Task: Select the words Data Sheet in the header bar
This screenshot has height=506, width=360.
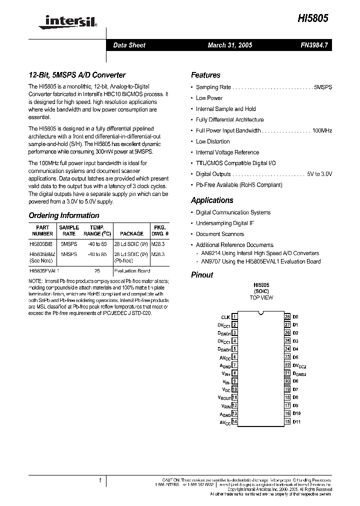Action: (x=129, y=45)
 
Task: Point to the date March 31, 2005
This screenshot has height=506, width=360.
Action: (x=229, y=45)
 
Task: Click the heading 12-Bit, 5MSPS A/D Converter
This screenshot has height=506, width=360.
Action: (x=77, y=75)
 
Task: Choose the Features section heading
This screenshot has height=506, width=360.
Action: (x=205, y=75)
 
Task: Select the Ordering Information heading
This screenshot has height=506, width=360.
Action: (x=64, y=215)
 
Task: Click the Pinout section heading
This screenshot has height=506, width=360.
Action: (x=202, y=274)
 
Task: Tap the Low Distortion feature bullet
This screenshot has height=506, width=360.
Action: (x=212, y=141)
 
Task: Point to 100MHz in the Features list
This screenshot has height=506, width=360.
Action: (x=322, y=130)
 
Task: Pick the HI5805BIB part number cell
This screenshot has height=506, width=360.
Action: (x=41, y=244)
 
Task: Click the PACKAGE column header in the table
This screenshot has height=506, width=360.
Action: (x=131, y=233)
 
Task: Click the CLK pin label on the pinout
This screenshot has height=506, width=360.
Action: (x=225, y=317)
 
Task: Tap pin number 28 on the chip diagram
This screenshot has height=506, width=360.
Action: (x=287, y=317)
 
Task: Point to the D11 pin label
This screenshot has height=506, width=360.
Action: (x=296, y=421)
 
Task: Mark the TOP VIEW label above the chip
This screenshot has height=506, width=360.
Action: (x=261, y=297)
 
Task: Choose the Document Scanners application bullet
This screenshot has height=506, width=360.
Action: (x=220, y=234)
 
